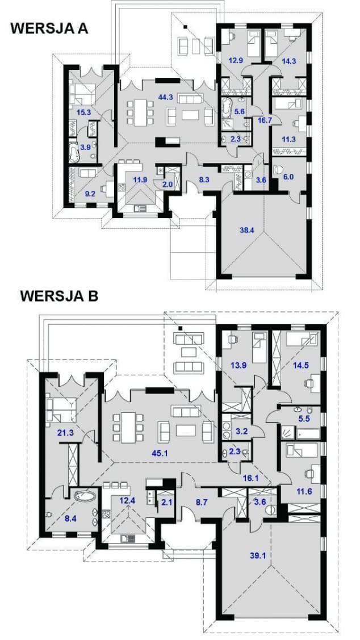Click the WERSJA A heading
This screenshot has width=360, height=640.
click(49, 29)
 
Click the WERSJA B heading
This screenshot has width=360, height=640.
click(59, 295)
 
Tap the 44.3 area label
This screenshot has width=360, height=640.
click(166, 97)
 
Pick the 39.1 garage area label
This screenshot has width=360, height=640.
click(258, 555)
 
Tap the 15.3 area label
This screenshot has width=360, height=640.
click(83, 112)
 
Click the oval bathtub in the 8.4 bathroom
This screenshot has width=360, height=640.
click(85, 496)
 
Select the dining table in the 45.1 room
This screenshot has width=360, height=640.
click(128, 428)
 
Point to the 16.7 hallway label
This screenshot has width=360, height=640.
click(265, 120)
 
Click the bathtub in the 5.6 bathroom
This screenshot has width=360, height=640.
click(227, 108)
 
